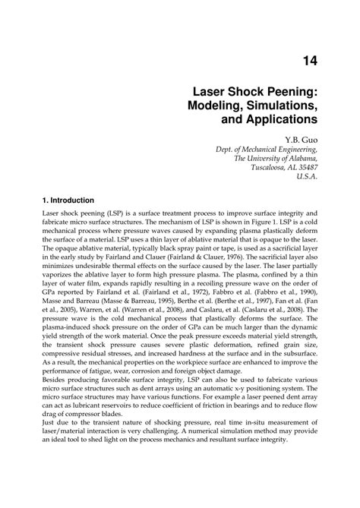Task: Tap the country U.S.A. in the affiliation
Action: [x=305, y=178]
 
